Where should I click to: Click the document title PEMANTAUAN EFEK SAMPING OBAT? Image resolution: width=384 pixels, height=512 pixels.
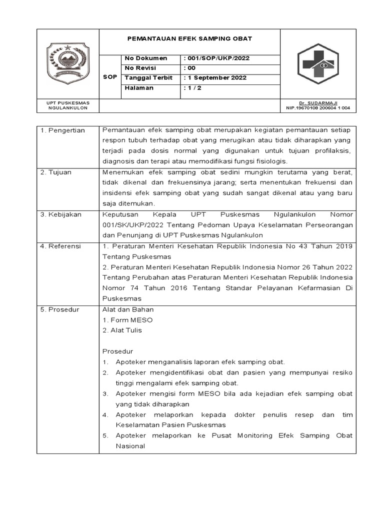click(189, 38)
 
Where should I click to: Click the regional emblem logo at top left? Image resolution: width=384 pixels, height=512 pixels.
click(68, 63)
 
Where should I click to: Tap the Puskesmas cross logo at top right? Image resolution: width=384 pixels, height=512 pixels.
click(318, 64)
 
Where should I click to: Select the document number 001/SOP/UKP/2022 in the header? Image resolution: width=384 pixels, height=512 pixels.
click(216, 58)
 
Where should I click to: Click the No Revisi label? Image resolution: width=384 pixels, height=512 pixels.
click(141, 68)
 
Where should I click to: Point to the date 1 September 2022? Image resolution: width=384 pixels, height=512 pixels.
click(215, 78)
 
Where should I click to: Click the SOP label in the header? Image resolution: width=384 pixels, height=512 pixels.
click(110, 77)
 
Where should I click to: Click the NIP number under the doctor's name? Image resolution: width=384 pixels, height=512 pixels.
click(318, 108)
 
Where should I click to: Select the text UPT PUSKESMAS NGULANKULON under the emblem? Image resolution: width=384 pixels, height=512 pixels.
click(68, 105)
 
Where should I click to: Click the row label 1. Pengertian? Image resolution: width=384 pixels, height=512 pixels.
click(62, 130)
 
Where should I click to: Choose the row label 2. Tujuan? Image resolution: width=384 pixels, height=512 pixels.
click(56, 172)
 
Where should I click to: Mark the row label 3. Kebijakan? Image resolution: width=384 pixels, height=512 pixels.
click(61, 214)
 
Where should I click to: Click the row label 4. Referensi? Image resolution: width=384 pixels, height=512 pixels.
click(60, 246)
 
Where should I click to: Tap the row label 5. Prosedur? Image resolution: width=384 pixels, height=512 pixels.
click(59, 309)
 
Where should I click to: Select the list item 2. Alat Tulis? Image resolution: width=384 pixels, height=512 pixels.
click(122, 330)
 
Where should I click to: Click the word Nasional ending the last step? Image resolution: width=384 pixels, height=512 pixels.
click(130, 446)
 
